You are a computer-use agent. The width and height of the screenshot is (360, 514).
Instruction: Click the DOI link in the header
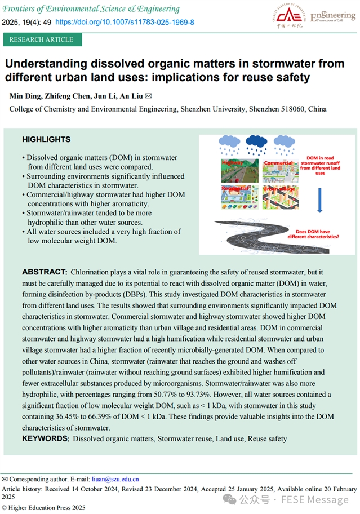(125, 22)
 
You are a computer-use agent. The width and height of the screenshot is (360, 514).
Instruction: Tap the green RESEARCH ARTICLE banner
(42, 39)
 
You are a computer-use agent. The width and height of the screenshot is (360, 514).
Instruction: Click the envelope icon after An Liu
(149, 96)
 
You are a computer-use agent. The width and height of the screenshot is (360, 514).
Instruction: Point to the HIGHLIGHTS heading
(46, 139)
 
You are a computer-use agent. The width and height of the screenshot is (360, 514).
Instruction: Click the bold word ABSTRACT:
(45, 272)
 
